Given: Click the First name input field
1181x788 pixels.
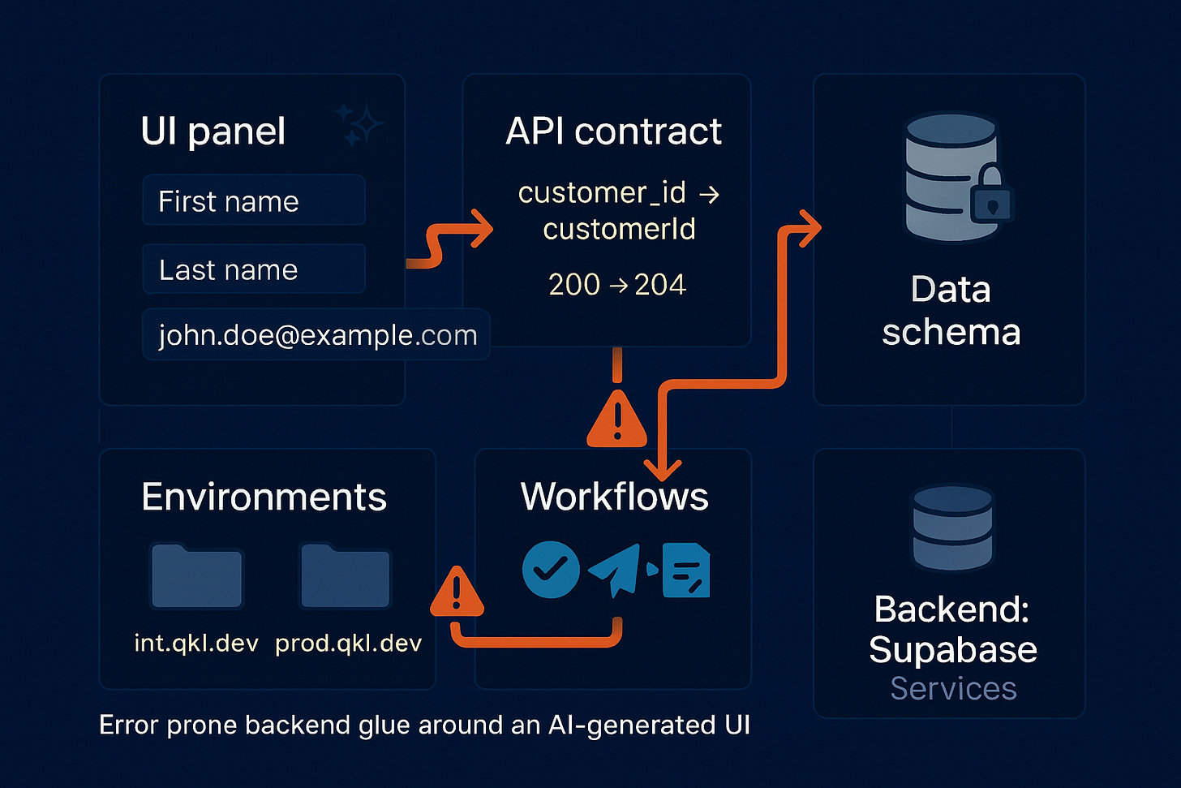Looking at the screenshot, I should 253,200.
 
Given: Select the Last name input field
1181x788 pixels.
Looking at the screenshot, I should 253,269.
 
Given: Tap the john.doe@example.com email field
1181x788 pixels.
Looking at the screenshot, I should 316,334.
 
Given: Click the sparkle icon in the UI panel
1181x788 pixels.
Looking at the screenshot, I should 359,125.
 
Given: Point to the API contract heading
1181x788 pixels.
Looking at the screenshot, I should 613,131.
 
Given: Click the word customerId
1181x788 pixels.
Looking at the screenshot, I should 619,230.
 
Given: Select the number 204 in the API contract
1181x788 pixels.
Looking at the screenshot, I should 659,285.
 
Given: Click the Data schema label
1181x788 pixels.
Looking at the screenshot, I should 951,311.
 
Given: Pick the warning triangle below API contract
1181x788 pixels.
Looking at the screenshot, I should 617,420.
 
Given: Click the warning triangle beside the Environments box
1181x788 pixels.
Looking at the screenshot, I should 457,592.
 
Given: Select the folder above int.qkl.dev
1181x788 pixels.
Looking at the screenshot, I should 196,577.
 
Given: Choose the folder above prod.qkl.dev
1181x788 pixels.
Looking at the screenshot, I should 346,577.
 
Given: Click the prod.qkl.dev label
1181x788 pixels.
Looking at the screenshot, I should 348,644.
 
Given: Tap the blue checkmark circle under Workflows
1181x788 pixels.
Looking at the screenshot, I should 551,570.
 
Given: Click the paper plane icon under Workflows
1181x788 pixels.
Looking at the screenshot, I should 615,570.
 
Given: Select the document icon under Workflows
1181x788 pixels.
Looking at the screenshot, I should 686,571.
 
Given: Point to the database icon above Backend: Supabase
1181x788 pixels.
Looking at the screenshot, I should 953,528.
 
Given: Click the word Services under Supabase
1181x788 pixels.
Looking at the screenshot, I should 953,688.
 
